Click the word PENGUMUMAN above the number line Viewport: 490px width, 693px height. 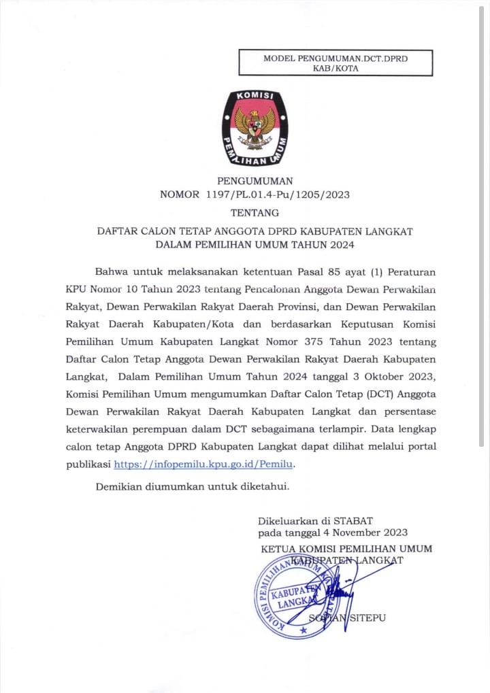coord(255,181)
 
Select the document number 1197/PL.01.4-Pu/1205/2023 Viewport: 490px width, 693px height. coord(277,195)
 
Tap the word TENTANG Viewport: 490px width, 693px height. coord(255,213)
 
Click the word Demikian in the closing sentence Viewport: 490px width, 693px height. coord(120,487)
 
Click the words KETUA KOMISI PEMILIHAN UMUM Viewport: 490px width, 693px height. coord(346,549)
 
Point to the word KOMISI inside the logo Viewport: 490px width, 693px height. coord(255,97)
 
